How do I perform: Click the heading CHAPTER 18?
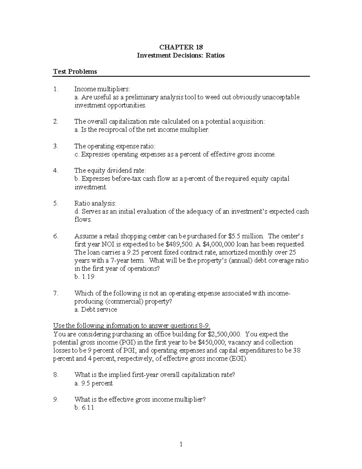(x=181, y=47)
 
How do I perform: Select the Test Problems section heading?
(x=75, y=72)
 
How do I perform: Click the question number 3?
(x=55, y=146)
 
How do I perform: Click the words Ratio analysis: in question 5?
(x=95, y=203)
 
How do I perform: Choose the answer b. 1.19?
(x=84, y=277)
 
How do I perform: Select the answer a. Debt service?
(x=95, y=310)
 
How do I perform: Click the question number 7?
(x=55, y=293)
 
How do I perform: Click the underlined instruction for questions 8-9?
(x=132, y=326)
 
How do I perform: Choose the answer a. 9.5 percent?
(x=93, y=383)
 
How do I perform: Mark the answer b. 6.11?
(x=84, y=408)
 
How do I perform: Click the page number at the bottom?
(x=181, y=444)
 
